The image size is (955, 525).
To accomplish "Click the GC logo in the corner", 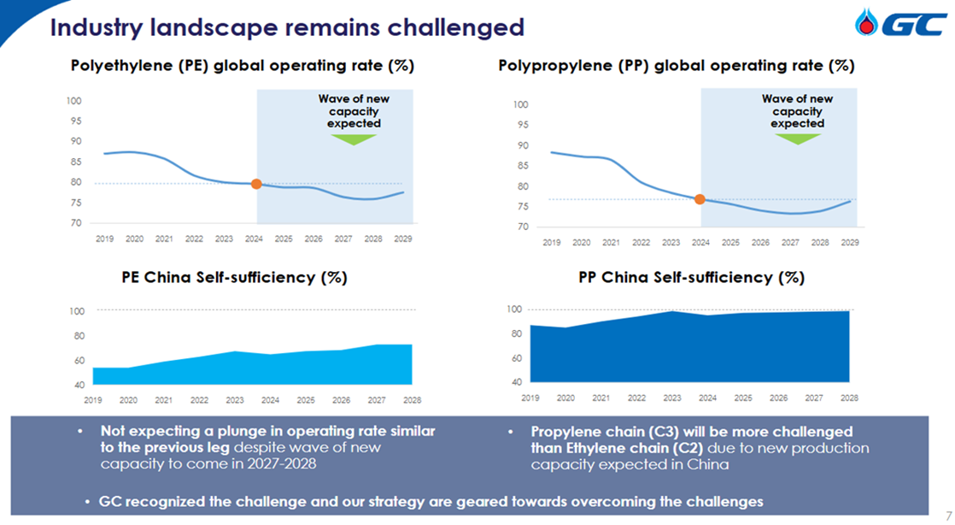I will click(x=900, y=25).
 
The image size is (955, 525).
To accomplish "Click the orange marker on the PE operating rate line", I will click(x=256, y=184).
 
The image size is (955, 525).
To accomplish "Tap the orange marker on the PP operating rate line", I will click(x=700, y=199).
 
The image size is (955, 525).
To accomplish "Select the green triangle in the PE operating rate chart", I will click(x=354, y=139).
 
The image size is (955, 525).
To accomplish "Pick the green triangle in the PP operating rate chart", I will click(x=797, y=139).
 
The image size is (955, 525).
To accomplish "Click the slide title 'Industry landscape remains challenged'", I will click(x=287, y=27).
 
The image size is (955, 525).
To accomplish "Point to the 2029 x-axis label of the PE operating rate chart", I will click(x=403, y=239).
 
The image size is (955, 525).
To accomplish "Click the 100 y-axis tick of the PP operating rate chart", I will click(x=519, y=105).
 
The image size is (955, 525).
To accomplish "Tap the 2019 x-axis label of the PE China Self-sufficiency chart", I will click(x=93, y=399).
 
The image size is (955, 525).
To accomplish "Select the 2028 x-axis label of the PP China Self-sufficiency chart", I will click(x=849, y=398).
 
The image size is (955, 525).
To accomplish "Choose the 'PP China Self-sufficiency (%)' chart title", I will click(x=691, y=278).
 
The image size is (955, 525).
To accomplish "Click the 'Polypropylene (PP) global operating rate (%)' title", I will click(x=676, y=66).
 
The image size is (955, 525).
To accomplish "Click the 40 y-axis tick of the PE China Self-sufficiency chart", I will click(x=77, y=386).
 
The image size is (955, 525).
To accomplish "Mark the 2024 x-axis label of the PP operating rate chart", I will click(x=700, y=243).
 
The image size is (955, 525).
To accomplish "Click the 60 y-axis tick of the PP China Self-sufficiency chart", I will click(x=515, y=358).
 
